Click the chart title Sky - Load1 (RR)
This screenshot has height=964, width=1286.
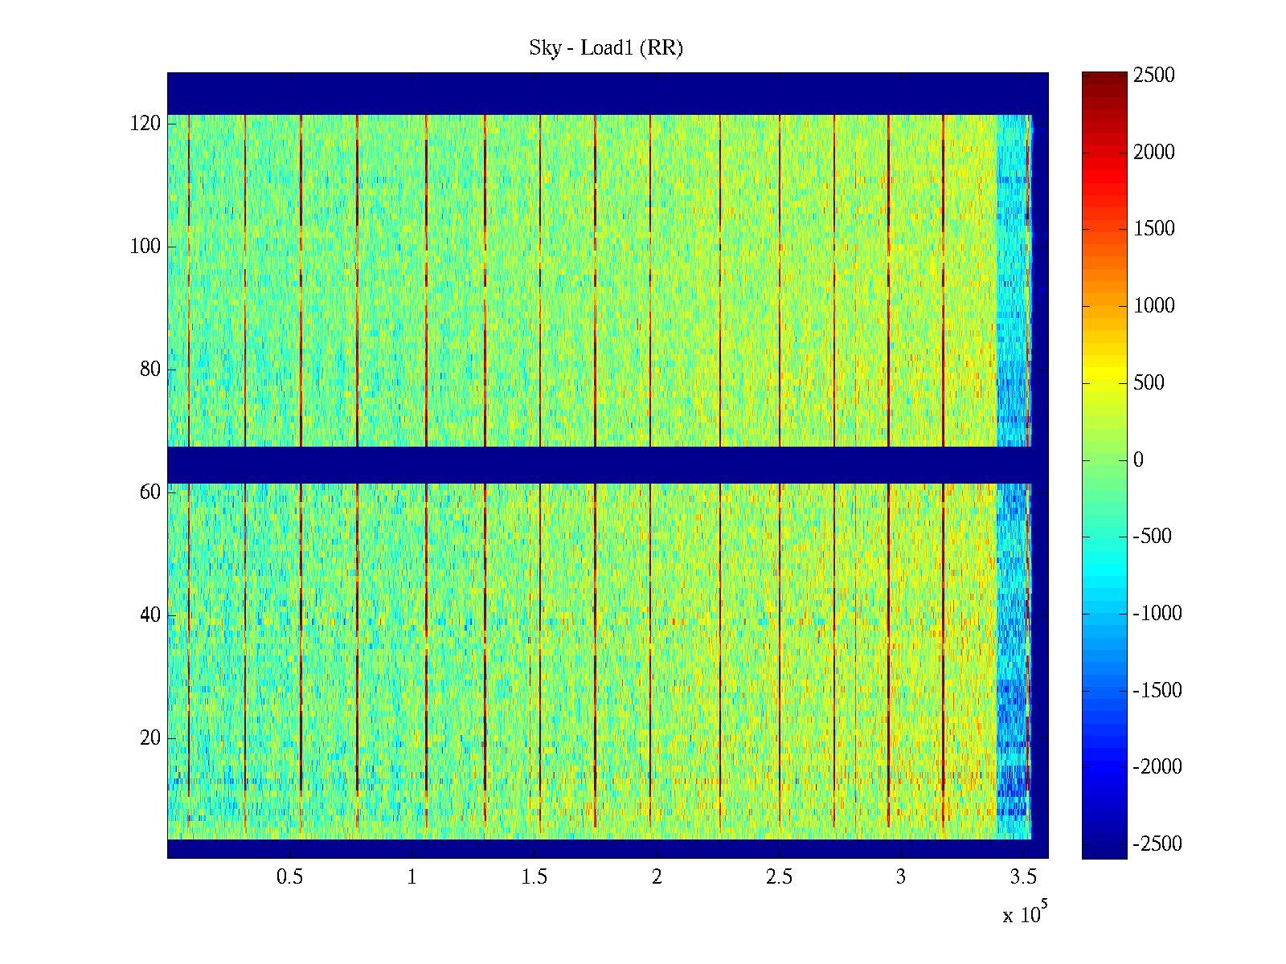(x=606, y=48)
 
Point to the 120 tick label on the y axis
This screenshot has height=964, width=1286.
(x=145, y=124)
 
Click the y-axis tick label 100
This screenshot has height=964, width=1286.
(x=145, y=247)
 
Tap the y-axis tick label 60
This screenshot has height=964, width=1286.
(x=150, y=492)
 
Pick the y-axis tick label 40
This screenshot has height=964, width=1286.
(x=150, y=615)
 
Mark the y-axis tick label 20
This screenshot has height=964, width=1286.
(x=150, y=738)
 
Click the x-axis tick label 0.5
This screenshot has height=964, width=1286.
(x=290, y=877)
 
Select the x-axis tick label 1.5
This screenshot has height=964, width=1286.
(x=534, y=877)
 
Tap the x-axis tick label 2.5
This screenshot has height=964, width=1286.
(x=779, y=877)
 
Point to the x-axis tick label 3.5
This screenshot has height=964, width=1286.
(x=1023, y=877)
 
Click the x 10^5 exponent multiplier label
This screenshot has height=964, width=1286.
(x=1025, y=914)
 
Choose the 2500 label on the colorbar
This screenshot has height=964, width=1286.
(x=1154, y=76)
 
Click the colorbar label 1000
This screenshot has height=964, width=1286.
(x=1154, y=306)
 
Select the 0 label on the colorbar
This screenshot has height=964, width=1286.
(x=1138, y=460)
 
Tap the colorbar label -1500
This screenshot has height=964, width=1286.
(x=1157, y=691)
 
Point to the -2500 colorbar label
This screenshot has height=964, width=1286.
(x=1157, y=844)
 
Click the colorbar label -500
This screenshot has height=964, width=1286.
(x=1153, y=537)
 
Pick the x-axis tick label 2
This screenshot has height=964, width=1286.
(x=657, y=877)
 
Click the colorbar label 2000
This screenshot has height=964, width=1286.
(x=1154, y=153)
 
